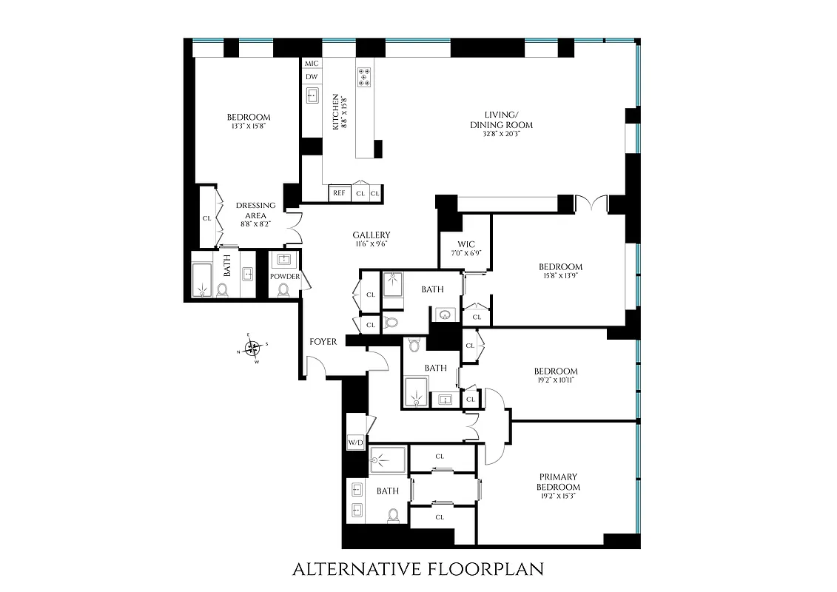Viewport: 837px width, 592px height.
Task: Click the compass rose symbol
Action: pos(252,347)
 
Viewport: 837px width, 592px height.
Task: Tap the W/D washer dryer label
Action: pos(355,443)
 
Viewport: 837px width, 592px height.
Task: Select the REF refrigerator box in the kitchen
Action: pos(339,193)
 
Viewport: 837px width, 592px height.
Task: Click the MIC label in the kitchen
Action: pos(312,64)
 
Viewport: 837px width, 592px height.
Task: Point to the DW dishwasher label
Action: pos(312,77)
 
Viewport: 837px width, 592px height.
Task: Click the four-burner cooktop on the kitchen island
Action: pos(365,77)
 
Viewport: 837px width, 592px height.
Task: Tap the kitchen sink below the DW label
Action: pos(312,95)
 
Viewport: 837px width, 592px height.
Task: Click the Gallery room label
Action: pos(371,235)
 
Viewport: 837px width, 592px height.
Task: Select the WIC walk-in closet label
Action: pos(466,245)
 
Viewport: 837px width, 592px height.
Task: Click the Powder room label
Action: pos(285,277)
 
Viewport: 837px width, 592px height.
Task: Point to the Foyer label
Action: pos(323,342)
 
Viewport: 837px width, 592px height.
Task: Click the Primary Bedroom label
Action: pos(559,482)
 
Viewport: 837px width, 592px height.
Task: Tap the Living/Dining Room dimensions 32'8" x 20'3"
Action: pos(501,135)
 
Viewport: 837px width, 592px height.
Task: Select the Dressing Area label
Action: pos(255,210)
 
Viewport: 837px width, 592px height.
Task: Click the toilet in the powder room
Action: pos(284,289)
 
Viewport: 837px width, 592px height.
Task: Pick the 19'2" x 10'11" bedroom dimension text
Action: pos(555,380)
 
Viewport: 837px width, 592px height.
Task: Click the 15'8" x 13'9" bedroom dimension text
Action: pos(559,276)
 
